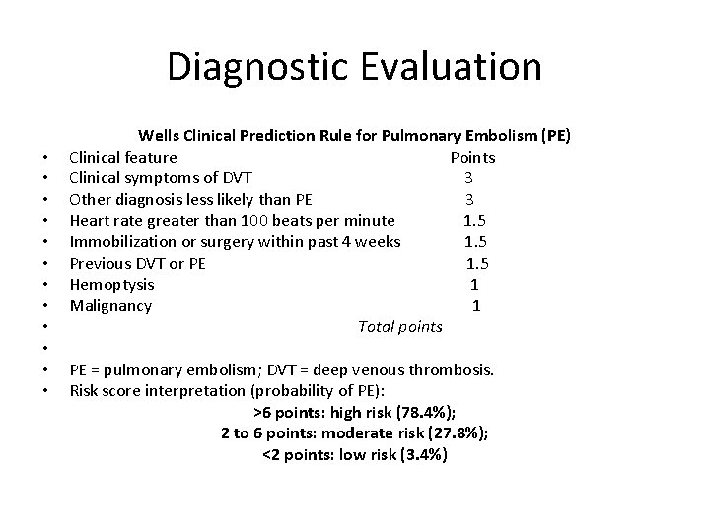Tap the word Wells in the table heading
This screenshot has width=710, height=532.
click(x=160, y=135)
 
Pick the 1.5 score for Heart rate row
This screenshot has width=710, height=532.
click(x=475, y=221)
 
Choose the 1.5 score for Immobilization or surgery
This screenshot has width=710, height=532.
click(x=475, y=241)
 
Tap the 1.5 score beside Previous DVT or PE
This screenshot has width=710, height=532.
click(x=477, y=263)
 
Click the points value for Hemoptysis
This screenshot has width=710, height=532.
click(x=476, y=285)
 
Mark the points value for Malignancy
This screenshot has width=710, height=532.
click(x=476, y=306)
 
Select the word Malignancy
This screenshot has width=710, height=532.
click(x=110, y=306)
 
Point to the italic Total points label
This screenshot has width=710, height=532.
click(x=400, y=327)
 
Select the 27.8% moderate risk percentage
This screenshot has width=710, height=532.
click(x=459, y=434)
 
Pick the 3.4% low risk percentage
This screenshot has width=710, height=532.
click(x=423, y=455)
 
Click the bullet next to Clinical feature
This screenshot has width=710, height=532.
click(x=46, y=158)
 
